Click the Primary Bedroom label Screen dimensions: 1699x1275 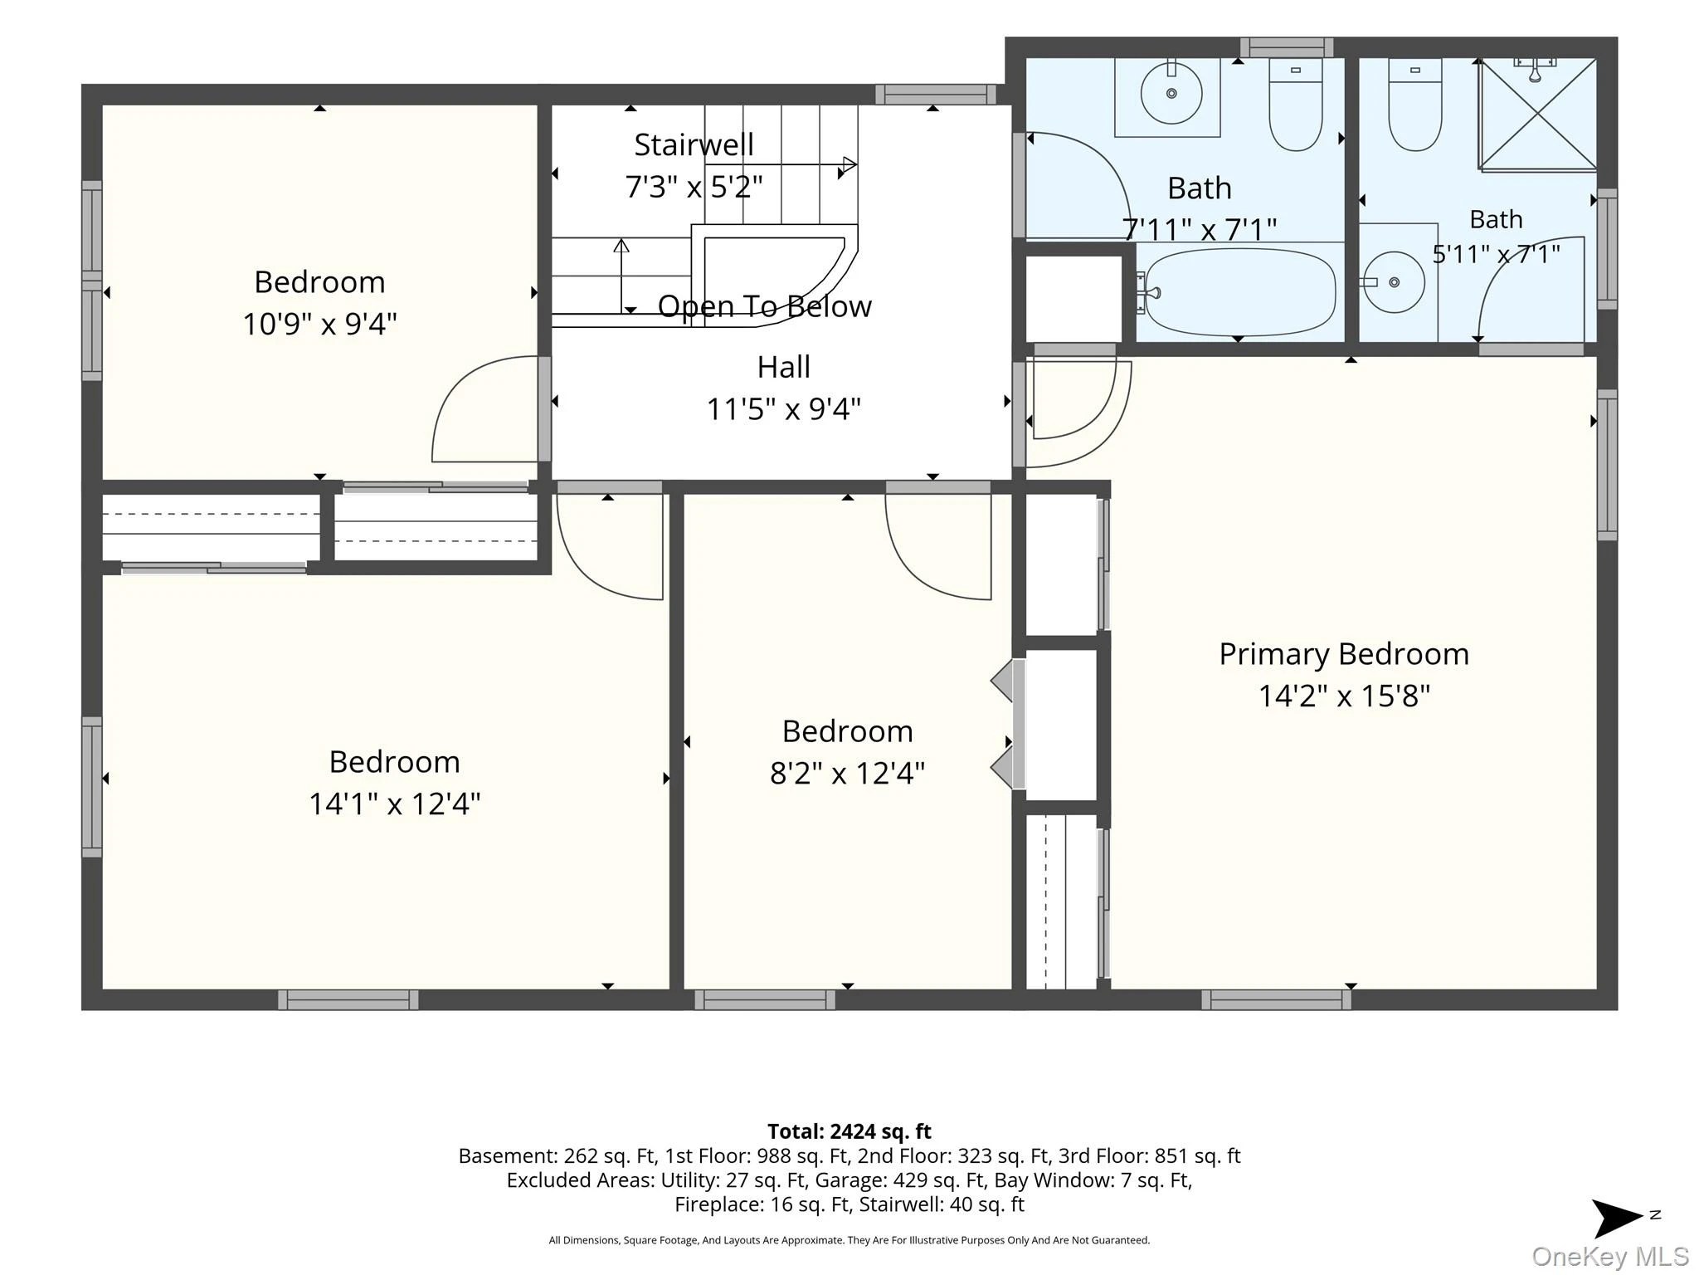click(x=1344, y=654)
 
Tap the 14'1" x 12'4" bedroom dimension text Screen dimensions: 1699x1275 click(x=395, y=804)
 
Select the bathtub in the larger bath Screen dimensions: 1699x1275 click(x=1236, y=292)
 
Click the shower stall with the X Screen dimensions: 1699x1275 click(x=1538, y=114)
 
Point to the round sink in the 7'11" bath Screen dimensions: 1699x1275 click(x=1171, y=94)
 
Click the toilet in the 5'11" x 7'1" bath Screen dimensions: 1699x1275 click(x=1415, y=105)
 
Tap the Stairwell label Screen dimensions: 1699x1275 click(x=694, y=144)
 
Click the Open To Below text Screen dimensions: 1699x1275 click(x=765, y=306)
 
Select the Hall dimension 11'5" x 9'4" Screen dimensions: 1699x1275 click(x=784, y=408)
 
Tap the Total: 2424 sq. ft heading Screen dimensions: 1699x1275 click(x=849, y=1131)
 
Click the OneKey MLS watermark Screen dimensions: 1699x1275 click(x=1610, y=1257)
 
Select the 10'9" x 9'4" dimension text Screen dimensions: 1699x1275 click(x=319, y=323)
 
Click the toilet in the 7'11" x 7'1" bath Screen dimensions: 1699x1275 click(x=1296, y=105)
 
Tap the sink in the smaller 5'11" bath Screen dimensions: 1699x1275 click(x=1395, y=282)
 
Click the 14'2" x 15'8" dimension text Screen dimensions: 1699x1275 click(x=1344, y=696)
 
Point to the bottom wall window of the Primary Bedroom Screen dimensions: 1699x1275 click(x=1277, y=999)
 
